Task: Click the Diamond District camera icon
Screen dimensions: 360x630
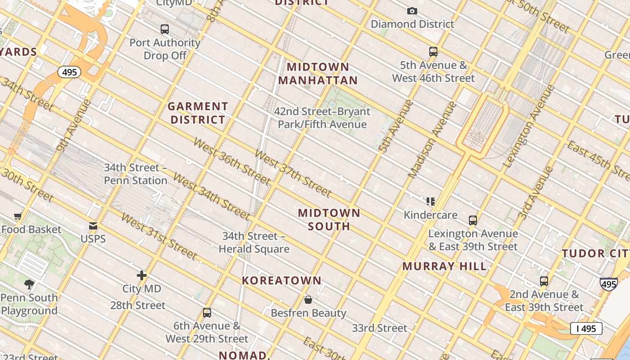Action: coord(412,11)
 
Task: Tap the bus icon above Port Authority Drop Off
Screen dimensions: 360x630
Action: coord(165,29)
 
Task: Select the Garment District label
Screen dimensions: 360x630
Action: coord(198,113)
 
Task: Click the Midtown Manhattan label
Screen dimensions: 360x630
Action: coord(318,74)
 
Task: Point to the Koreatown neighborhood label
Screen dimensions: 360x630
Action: coord(282,280)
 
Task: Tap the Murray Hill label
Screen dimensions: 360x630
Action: coord(444,266)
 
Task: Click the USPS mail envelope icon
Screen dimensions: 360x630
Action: coord(93,225)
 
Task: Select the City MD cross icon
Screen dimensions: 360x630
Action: coord(142,275)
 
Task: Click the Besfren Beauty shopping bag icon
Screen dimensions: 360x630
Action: coord(308,299)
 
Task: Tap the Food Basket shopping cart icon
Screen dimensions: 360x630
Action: coord(18,216)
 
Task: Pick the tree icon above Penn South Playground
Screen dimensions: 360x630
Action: coord(29,284)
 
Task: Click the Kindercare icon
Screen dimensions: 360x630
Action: coord(431,201)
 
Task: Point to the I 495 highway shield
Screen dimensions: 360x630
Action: coord(586,328)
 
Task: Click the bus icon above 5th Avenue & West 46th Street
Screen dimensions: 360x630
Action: coord(433,52)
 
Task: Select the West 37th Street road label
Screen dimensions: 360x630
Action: coord(292,173)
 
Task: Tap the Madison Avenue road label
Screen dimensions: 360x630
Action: coord(432,139)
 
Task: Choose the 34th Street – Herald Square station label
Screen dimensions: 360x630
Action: coord(254,243)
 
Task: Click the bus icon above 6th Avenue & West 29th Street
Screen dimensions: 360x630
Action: coord(207,312)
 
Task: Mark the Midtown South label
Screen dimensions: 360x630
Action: coord(329,219)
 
